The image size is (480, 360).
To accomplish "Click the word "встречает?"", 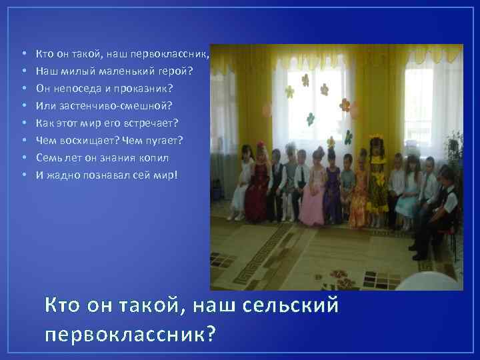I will pyautogui.click(x=155, y=123).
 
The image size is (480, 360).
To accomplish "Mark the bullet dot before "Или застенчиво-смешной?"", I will pyautogui.click(x=23, y=106).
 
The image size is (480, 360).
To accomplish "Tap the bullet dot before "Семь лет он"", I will pyautogui.click(x=23, y=158).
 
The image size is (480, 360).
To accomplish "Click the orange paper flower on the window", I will pyautogui.click(x=345, y=104).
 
